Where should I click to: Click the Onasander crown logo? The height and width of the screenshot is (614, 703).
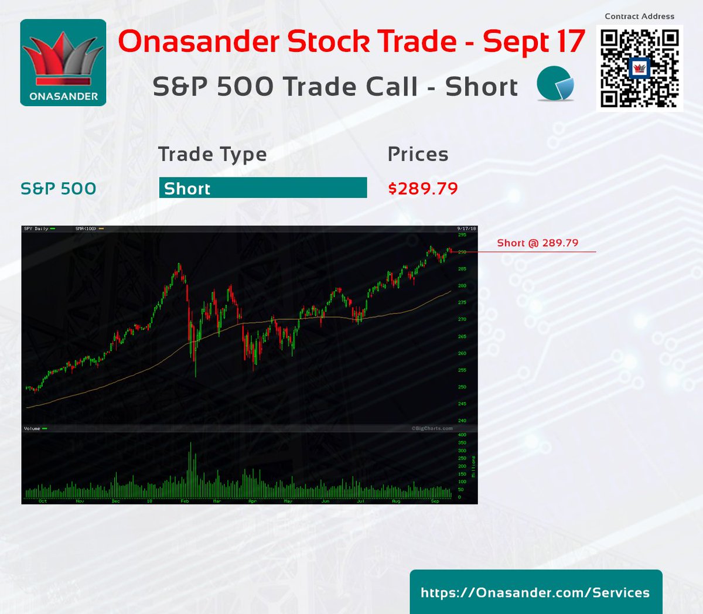pos(63,63)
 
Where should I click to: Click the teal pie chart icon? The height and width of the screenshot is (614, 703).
pos(555,84)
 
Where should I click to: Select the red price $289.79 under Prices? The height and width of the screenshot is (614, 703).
pos(423,189)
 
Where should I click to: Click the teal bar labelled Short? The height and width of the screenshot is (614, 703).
pos(263,188)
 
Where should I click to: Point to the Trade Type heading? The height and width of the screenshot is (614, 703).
pos(212,154)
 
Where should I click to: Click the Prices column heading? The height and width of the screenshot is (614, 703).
pos(418,154)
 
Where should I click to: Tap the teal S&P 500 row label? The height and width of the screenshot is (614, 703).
pos(58,189)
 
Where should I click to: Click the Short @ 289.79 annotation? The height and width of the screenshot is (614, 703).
pos(537,243)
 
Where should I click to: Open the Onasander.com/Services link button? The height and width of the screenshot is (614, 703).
pos(535,592)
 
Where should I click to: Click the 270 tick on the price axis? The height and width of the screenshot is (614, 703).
pos(462,319)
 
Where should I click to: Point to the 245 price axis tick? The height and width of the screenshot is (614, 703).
pos(462,404)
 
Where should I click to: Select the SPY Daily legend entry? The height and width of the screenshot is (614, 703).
pos(36,228)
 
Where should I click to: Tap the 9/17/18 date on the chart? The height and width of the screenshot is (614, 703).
pos(466,228)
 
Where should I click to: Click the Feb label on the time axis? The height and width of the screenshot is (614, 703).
pos(185,502)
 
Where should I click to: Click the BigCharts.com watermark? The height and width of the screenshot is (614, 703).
pos(432,428)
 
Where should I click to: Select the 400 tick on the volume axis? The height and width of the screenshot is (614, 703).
pos(462,435)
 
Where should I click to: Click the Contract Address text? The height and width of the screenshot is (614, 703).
pos(639,16)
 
